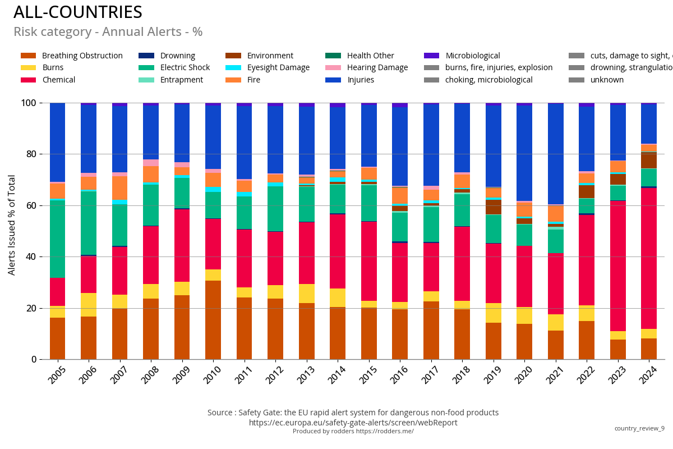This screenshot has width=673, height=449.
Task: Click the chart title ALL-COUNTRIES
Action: pyautogui.click(x=77, y=12)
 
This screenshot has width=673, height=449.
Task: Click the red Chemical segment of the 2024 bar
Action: pyautogui.click(x=649, y=258)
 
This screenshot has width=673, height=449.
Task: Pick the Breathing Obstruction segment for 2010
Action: pyautogui.click(x=213, y=320)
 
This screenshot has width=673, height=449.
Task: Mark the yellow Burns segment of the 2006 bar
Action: pyautogui.click(x=89, y=305)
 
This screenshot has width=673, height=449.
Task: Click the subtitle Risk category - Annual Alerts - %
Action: pyautogui.click(x=108, y=32)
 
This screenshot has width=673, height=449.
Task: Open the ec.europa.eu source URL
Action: pyautogui.click(x=353, y=423)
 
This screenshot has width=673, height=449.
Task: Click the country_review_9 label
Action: pyautogui.click(x=639, y=428)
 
